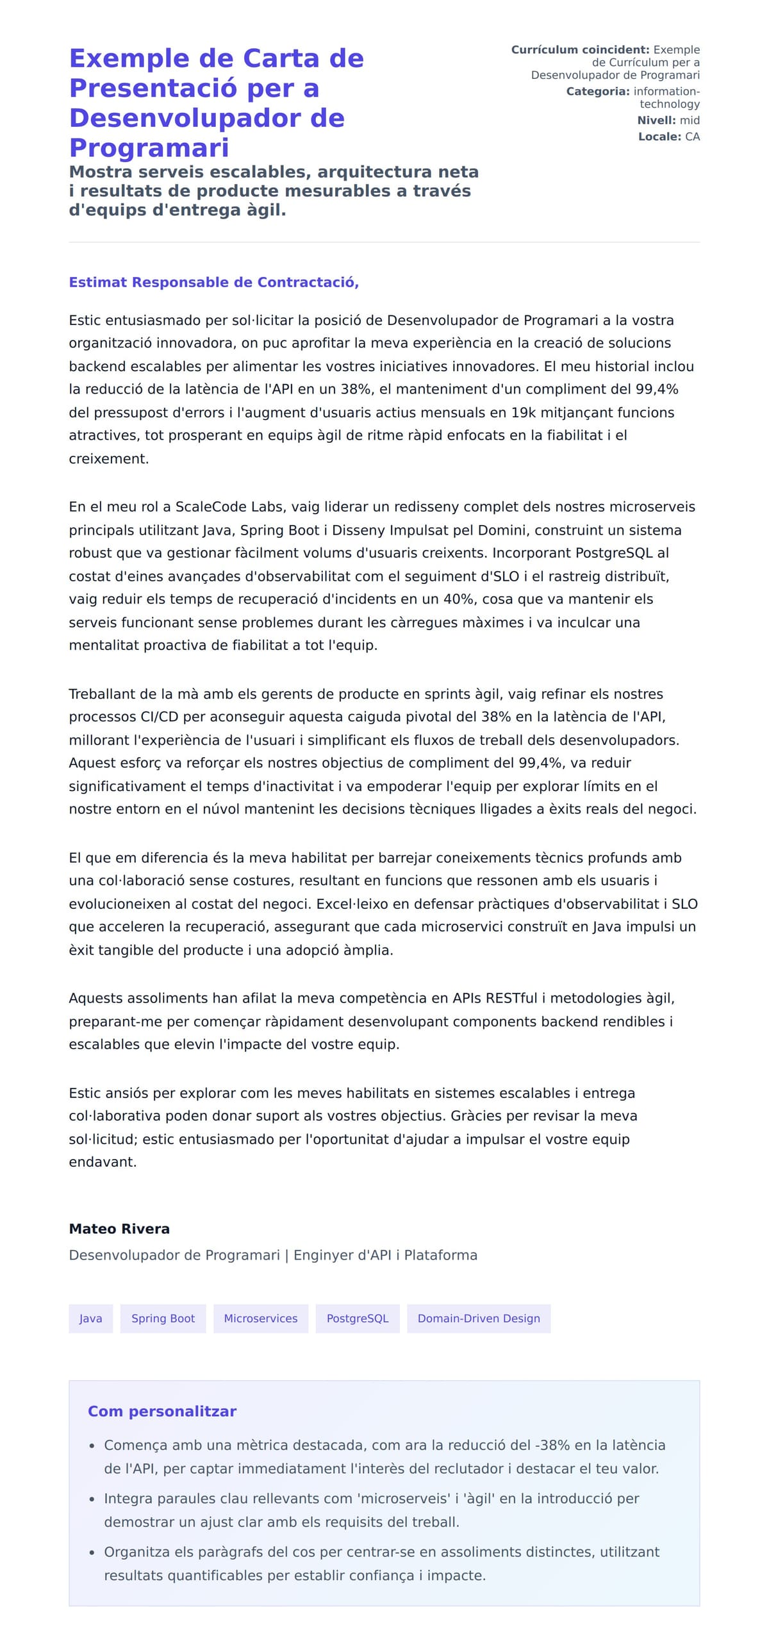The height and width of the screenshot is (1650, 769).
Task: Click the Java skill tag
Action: point(90,1319)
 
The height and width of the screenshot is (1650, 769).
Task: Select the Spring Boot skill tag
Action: point(163,1319)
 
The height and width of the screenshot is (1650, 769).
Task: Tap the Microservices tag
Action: point(260,1319)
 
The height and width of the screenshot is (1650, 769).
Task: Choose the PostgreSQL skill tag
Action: point(357,1319)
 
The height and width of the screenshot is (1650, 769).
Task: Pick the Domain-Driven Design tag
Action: point(478,1319)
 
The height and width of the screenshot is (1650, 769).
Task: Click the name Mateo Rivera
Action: point(119,1229)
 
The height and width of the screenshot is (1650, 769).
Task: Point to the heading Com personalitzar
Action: point(162,1412)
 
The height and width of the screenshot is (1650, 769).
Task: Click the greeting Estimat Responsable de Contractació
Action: point(213,283)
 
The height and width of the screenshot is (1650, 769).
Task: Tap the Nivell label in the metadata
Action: point(656,121)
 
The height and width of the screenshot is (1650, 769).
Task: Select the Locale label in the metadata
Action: point(659,137)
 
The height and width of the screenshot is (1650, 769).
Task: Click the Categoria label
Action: point(597,92)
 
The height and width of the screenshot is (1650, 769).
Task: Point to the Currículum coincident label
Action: point(580,50)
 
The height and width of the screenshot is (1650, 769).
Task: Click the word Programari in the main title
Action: point(149,148)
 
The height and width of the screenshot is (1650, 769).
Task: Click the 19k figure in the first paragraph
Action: point(523,413)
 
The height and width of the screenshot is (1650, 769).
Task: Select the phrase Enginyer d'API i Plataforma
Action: point(385,1255)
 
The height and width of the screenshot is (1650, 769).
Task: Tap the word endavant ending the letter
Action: point(103,1162)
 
